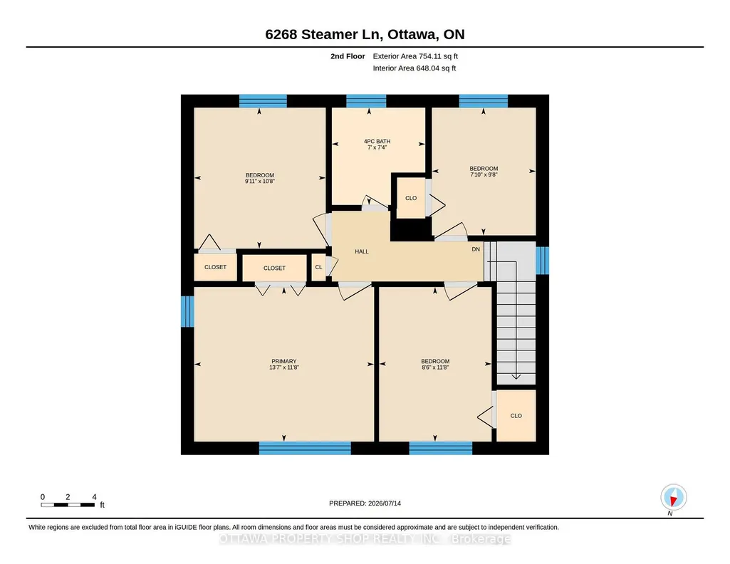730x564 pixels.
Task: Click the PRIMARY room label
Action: pyautogui.click(x=283, y=361)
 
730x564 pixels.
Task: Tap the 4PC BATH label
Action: pyautogui.click(x=377, y=142)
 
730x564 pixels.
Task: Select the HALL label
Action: pyautogui.click(x=362, y=252)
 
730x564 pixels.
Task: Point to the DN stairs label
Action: pyautogui.click(x=476, y=249)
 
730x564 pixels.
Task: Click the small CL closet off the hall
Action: pyautogui.click(x=318, y=267)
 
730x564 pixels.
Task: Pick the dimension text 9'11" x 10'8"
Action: pyautogui.click(x=260, y=182)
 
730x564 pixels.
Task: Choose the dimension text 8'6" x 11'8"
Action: pyautogui.click(x=435, y=367)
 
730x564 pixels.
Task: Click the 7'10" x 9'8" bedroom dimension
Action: pyautogui.click(x=484, y=174)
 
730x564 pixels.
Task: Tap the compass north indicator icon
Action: pyautogui.click(x=673, y=498)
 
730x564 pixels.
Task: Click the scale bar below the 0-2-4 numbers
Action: pyautogui.click(x=68, y=505)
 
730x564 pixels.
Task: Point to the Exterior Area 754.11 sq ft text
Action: pyautogui.click(x=415, y=56)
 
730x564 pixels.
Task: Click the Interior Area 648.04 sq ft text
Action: pyautogui.click(x=414, y=68)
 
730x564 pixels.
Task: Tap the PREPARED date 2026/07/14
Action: pyautogui.click(x=385, y=503)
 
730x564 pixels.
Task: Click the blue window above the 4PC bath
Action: pyautogui.click(x=366, y=101)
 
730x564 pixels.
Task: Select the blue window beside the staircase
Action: pyautogui.click(x=543, y=261)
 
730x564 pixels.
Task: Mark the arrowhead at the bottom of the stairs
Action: pyautogui.click(x=516, y=377)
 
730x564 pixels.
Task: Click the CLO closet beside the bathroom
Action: pyautogui.click(x=411, y=198)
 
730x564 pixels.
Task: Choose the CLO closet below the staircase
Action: pyautogui.click(x=516, y=416)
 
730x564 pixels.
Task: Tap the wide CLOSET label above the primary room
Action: pyautogui.click(x=274, y=268)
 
